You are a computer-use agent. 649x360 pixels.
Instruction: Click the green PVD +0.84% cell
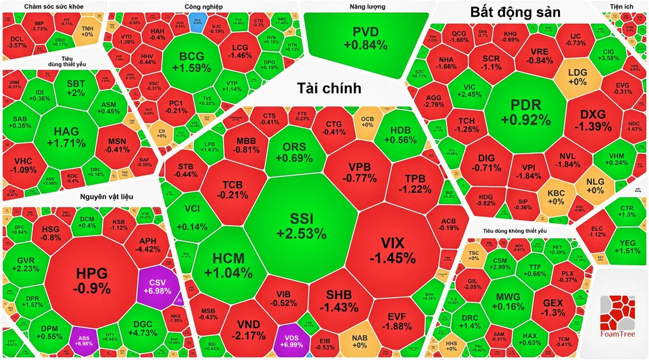click(366, 38)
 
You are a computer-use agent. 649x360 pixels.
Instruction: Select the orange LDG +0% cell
click(577, 77)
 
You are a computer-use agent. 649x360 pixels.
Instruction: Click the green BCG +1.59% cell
click(191, 62)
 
